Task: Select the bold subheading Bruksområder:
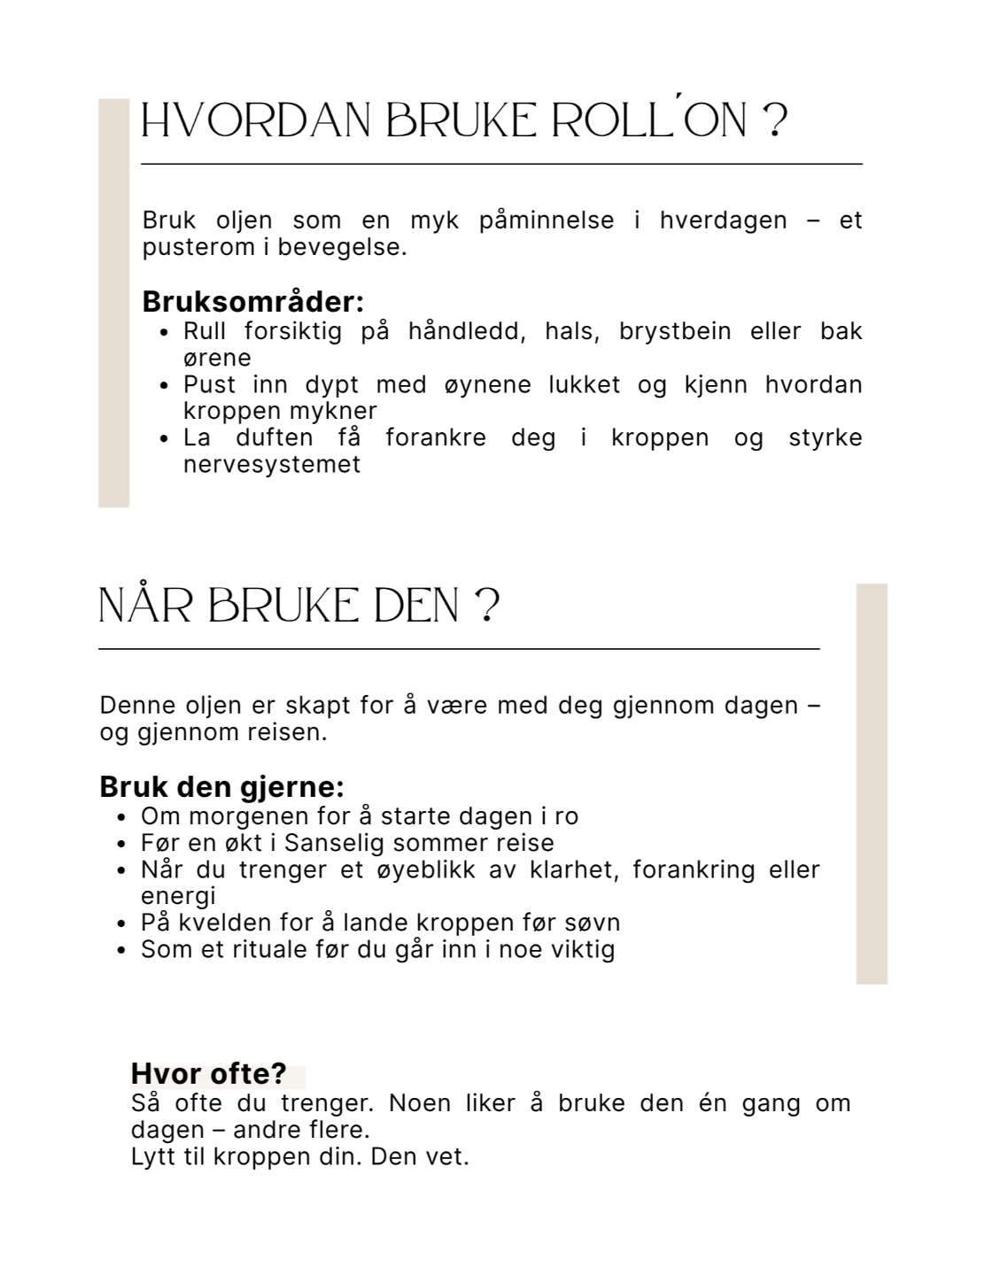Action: point(253,302)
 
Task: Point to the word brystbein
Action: point(675,331)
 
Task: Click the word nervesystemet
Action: point(271,464)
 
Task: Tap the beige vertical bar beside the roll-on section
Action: point(113,303)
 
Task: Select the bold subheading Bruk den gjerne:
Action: point(221,787)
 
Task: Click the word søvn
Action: point(593,923)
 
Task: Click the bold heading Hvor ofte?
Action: point(209,1073)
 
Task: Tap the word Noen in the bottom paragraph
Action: point(420,1103)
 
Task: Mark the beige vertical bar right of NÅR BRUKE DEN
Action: point(872,784)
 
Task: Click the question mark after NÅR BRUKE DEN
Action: point(488,607)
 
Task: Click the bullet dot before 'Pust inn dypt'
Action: point(164,386)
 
